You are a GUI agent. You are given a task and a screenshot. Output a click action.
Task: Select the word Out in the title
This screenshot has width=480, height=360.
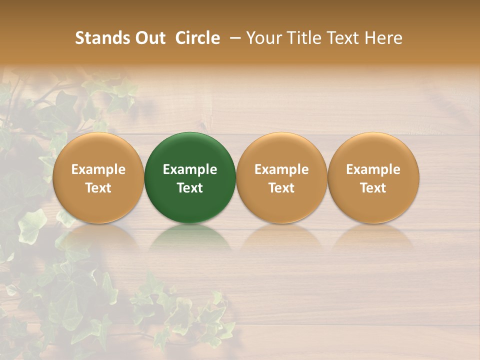coord(148,38)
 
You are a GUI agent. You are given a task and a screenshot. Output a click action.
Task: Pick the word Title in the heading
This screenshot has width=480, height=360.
coord(301,38)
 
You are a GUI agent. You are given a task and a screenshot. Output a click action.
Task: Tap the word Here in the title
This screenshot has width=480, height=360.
coord(383,38)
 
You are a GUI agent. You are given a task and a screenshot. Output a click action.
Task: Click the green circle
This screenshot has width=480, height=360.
coord(190,150)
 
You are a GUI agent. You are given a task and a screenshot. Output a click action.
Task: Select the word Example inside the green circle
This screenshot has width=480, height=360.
coord(190,169)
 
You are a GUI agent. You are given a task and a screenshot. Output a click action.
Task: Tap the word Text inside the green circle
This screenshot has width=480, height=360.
coord(190,188)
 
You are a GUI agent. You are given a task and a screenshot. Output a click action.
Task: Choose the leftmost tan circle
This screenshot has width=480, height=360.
coord(98,150)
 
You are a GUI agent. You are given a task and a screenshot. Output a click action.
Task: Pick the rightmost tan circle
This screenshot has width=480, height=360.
coord(373,150)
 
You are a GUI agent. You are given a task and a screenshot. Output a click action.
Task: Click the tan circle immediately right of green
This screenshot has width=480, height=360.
coord(281,150)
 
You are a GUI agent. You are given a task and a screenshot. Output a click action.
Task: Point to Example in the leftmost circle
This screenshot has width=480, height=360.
coord(98,169)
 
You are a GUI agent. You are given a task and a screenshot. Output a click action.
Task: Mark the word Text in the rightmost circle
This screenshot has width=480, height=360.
coord(373,188)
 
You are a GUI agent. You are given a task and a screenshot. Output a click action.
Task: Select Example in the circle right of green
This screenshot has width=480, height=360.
coord(281,169)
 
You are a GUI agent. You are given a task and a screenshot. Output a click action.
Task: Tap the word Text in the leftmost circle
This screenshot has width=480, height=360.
coord(98,188)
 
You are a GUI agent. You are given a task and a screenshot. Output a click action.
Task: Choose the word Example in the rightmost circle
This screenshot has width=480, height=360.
coord(373,169)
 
